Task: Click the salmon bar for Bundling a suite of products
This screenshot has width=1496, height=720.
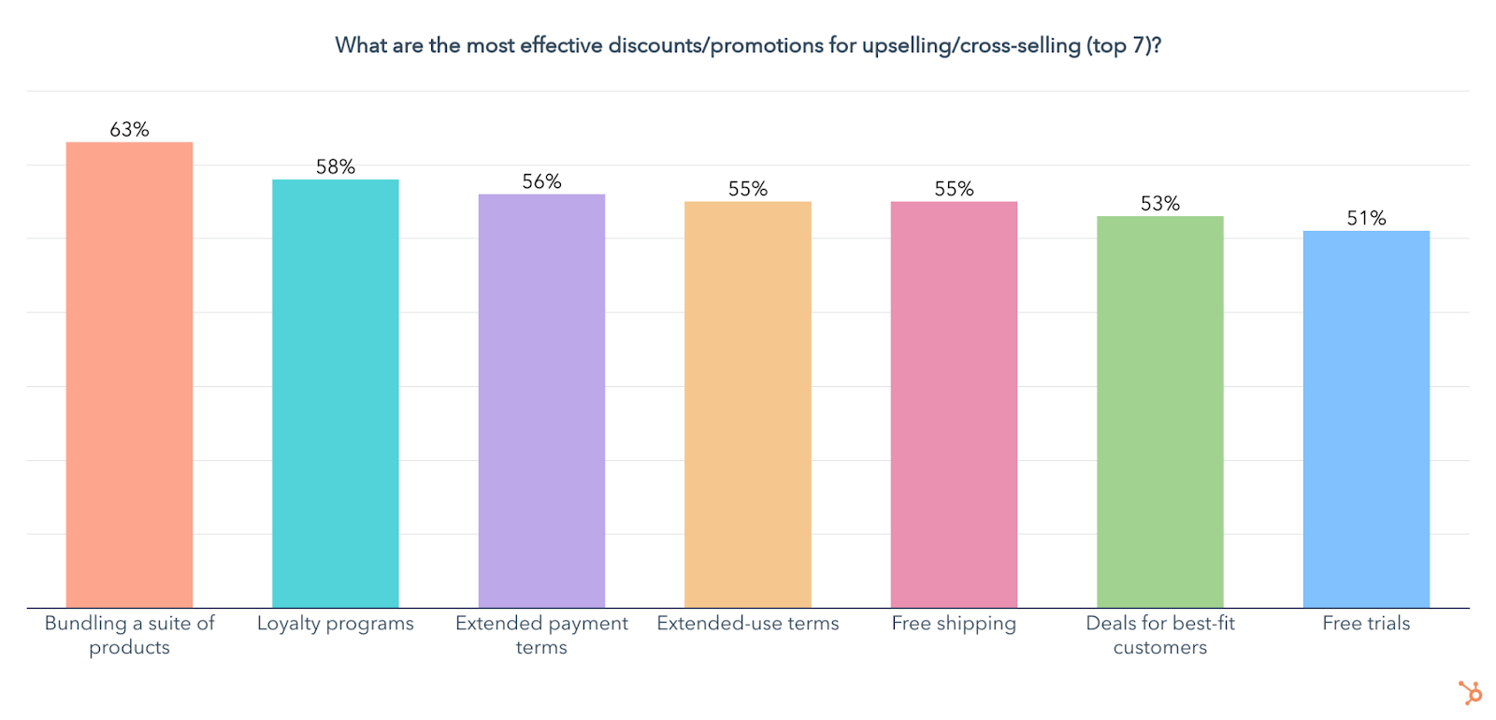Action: (x=129, y=374)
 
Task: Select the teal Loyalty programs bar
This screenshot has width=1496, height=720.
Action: (x=335, y=393)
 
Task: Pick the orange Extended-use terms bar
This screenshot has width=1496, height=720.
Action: (x=747, y=404)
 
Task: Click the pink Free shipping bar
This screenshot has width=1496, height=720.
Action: (x=954, y=404)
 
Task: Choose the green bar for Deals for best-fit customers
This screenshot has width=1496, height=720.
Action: (x=1159, y=411)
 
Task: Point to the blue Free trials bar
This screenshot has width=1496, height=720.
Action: (x=1366, y=419)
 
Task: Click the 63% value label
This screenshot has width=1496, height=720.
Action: (x=129, y=130)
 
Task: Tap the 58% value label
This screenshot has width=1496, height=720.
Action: (x=335, y=167)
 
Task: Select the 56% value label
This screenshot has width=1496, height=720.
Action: (x=541, y=181)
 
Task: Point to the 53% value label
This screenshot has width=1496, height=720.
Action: (x=1159, y=204)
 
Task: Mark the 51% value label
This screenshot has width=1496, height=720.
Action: (x=1366, y=219)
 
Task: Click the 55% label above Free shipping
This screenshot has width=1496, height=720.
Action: (x=954, y=189)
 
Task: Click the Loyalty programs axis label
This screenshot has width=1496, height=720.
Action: (x=335, y=624)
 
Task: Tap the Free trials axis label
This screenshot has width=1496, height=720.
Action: (x=1366, y=624)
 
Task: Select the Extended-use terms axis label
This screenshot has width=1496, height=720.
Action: (x=747, y=624)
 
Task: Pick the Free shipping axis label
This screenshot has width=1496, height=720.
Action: (x=954, y=624)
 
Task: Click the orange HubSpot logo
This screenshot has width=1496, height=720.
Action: (x=1470, y=693)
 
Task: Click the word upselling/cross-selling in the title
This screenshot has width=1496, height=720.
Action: (x=971, y=46)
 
